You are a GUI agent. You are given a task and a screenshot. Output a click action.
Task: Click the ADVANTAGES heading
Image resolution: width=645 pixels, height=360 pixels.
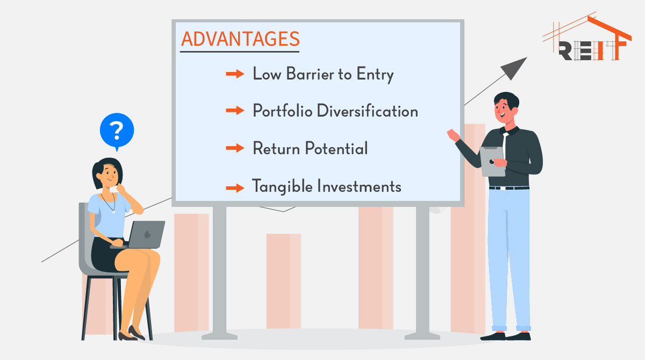(x=240, y=39)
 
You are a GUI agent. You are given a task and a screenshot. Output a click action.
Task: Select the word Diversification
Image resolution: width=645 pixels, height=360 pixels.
(x=368, y=111)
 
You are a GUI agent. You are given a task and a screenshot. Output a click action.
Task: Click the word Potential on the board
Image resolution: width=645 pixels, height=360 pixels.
(x=336, y=148)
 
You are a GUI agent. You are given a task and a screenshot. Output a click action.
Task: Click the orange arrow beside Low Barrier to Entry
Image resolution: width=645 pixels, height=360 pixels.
(x=235, y=74)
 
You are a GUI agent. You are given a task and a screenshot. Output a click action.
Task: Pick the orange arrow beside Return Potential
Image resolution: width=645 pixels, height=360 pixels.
(x=235, y=148)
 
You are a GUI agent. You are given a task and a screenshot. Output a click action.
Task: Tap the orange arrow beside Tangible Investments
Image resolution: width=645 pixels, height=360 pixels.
(x=235, y=188)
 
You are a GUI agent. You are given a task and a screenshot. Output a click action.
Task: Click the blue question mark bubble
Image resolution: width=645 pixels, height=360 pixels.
(x=117, y=131)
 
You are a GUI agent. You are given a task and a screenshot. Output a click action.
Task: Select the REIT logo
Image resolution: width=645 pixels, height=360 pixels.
(x=587, y=38)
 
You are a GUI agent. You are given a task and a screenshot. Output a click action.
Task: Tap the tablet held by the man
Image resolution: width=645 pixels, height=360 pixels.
(x=492, y=161)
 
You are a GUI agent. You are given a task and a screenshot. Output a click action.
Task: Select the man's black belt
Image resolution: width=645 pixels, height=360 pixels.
(x=509, y=188)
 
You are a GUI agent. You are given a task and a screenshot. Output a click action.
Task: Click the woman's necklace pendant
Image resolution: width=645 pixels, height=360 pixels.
(x=114, y=212)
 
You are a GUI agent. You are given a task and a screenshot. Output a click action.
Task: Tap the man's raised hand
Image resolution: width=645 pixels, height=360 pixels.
(x=453, y=135)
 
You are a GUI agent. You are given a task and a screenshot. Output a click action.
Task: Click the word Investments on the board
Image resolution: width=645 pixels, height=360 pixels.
(x=359, y=186)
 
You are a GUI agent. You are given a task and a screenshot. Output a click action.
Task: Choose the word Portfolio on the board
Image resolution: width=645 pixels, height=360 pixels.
(x=283, y=111)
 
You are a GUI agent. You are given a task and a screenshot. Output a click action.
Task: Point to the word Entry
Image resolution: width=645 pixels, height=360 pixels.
(x=375, y=74)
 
